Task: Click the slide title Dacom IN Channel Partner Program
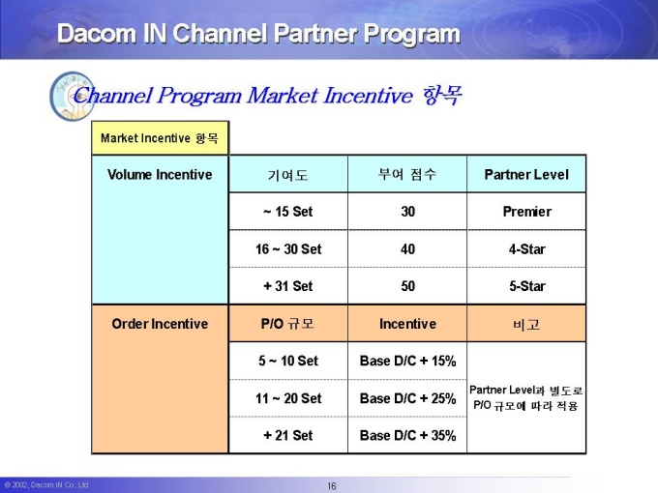[x=258, y=34]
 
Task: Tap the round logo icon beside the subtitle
[x=73, y=97]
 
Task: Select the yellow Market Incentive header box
[x=160, y=138]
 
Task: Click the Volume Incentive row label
[x=160, y=174]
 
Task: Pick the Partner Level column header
[x=526, y=174]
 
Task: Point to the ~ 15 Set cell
[x=288, y=212]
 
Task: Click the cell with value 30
[x=407, y=212]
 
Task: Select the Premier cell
[x=526, y=212]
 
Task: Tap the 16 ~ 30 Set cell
[x=288, y=249]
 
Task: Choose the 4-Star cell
[x=526, y=249]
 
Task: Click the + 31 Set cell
[x=288, y=286]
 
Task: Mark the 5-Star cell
[x=526, y=286]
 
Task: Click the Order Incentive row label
[x=160, y=324]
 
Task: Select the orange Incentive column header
[x=407, y=324]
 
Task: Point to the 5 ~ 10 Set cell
[x=288, y=361]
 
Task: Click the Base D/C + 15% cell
[x=407, y=361]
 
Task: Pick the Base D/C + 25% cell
[x=407, y=398]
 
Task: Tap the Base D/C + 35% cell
[x=407, y=435]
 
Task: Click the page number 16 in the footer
[x=332, y=486]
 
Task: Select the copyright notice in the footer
[x=46, y=485]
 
